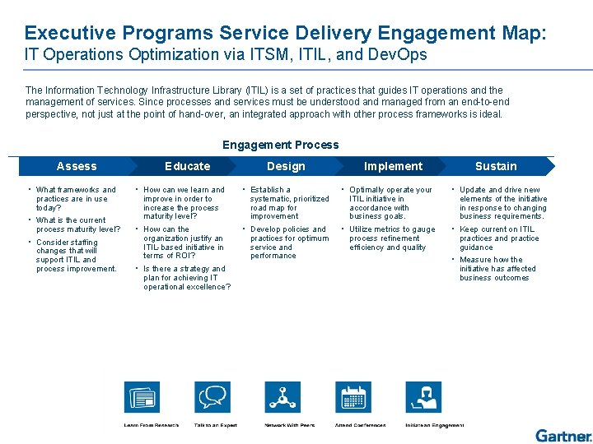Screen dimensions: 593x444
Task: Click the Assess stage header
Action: (x=77, y=166)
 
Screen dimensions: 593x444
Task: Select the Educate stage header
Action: (x=187, y=166)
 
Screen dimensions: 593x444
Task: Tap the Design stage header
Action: (x=286, y=166)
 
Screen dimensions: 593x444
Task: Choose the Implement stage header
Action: (x=393, y=166)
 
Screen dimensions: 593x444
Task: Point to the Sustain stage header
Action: (x=496, y=166)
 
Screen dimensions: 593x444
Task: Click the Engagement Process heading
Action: (x=280, y=145)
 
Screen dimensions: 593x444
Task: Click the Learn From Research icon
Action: (x=142, y=398)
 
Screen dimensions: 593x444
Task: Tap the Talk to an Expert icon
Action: (x=213, y=398)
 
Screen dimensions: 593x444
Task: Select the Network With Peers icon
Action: (x=284, y=398)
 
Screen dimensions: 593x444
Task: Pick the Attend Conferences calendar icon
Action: (x=354, y=398)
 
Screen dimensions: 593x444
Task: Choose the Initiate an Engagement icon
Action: (x=424, y=398)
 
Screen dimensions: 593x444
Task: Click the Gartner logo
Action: (x=563, y=436)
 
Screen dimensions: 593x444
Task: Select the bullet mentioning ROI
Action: (x=183, y=243)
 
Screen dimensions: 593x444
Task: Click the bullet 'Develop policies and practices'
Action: (x=289, y=243)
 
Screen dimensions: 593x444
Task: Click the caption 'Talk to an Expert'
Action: (x=216, y=425)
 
